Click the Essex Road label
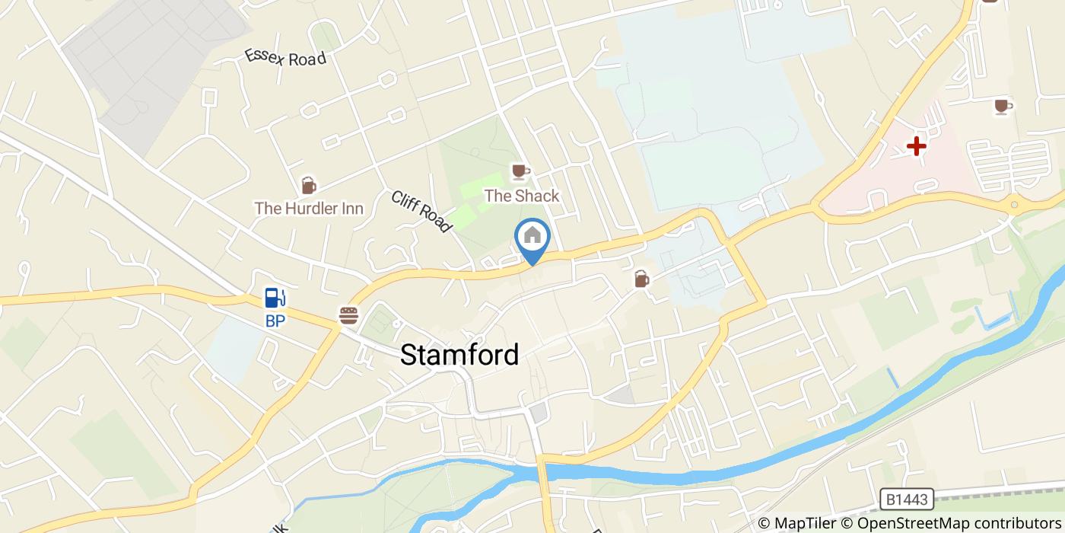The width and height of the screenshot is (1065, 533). [x=285, y=58]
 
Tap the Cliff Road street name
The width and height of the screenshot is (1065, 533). [x=421, y=211]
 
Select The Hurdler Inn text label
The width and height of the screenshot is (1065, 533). [x=309, y=208]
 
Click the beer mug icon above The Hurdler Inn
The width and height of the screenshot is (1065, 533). [x=308, y=185]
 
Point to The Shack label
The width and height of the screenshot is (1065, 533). [x=522, y=196]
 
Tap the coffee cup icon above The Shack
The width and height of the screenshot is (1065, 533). [x=520, y=171]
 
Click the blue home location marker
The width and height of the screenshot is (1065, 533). [x=532, y=237]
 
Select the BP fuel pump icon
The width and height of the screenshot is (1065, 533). [x=275, y=298]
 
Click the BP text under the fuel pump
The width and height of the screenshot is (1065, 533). [x=275, y=321]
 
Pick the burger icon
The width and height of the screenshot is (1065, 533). [x=348, y=314]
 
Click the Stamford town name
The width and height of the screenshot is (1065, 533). [x=459, y=355]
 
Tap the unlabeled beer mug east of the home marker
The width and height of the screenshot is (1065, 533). [x=642, y=279]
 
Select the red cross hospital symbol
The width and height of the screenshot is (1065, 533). [x=916, y=146]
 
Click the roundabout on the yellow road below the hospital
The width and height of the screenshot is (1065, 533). [x=1014, y=205]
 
